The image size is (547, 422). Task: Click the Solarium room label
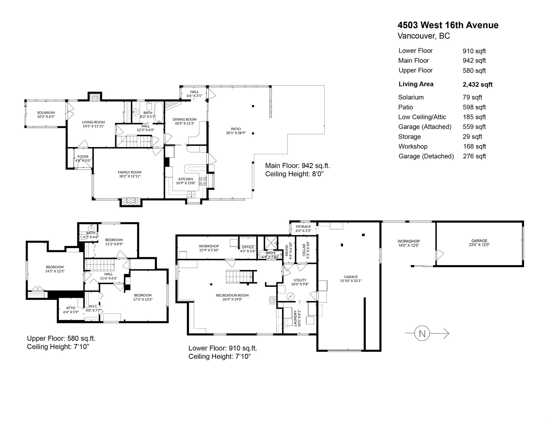[46, 113]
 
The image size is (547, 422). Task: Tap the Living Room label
[93, 122]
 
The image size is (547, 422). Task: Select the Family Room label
[130, 172]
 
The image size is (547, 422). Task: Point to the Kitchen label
[186, 179]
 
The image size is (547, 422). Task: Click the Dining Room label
[185, 119]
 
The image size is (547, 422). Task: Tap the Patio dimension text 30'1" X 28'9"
[236, 133]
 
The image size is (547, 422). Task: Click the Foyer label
[83, 157]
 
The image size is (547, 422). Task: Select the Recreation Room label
[232, 295]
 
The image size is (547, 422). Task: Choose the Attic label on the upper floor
[71, 308]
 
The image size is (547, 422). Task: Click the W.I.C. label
[93, 306]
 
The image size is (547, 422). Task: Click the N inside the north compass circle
[422, 334]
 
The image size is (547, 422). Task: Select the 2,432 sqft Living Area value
[477, 84]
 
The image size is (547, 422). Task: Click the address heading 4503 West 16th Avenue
[448, 25]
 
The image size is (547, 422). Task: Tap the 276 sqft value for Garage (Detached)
[474, 156]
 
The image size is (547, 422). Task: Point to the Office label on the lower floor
[248, 247]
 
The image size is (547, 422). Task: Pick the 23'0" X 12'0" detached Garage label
[479, 245]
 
